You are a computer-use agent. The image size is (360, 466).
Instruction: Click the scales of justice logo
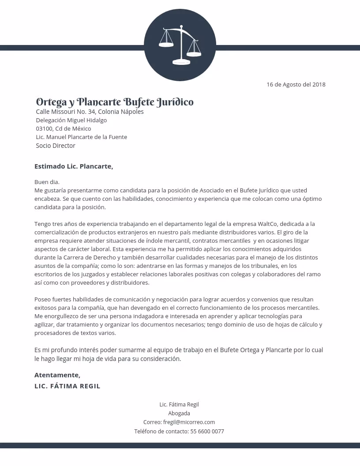(180, 45)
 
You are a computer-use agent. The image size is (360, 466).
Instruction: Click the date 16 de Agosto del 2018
(296, 84)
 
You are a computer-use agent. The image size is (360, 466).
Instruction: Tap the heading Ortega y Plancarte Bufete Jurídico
(115, 102)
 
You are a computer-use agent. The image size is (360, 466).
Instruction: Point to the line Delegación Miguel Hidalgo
(71, 120)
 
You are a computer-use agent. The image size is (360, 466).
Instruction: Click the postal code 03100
(44, 128)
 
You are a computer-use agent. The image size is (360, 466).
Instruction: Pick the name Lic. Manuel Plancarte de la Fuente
(81, 137)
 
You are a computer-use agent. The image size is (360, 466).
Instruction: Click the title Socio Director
(56, 146)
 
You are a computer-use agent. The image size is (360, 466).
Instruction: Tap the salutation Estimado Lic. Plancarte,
(74, 166)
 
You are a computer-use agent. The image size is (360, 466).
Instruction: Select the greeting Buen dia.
(47, 182)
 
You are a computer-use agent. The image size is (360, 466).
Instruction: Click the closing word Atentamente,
(57, 375)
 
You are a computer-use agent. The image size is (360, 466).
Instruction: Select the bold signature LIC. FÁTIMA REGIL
(67, 386)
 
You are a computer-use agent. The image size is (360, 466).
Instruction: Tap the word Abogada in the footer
(179, 413)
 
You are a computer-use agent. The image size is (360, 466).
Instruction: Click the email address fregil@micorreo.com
(189, 422)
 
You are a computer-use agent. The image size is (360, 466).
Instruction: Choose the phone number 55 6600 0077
(207, 431)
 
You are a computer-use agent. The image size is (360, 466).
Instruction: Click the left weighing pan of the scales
(166, 44)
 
